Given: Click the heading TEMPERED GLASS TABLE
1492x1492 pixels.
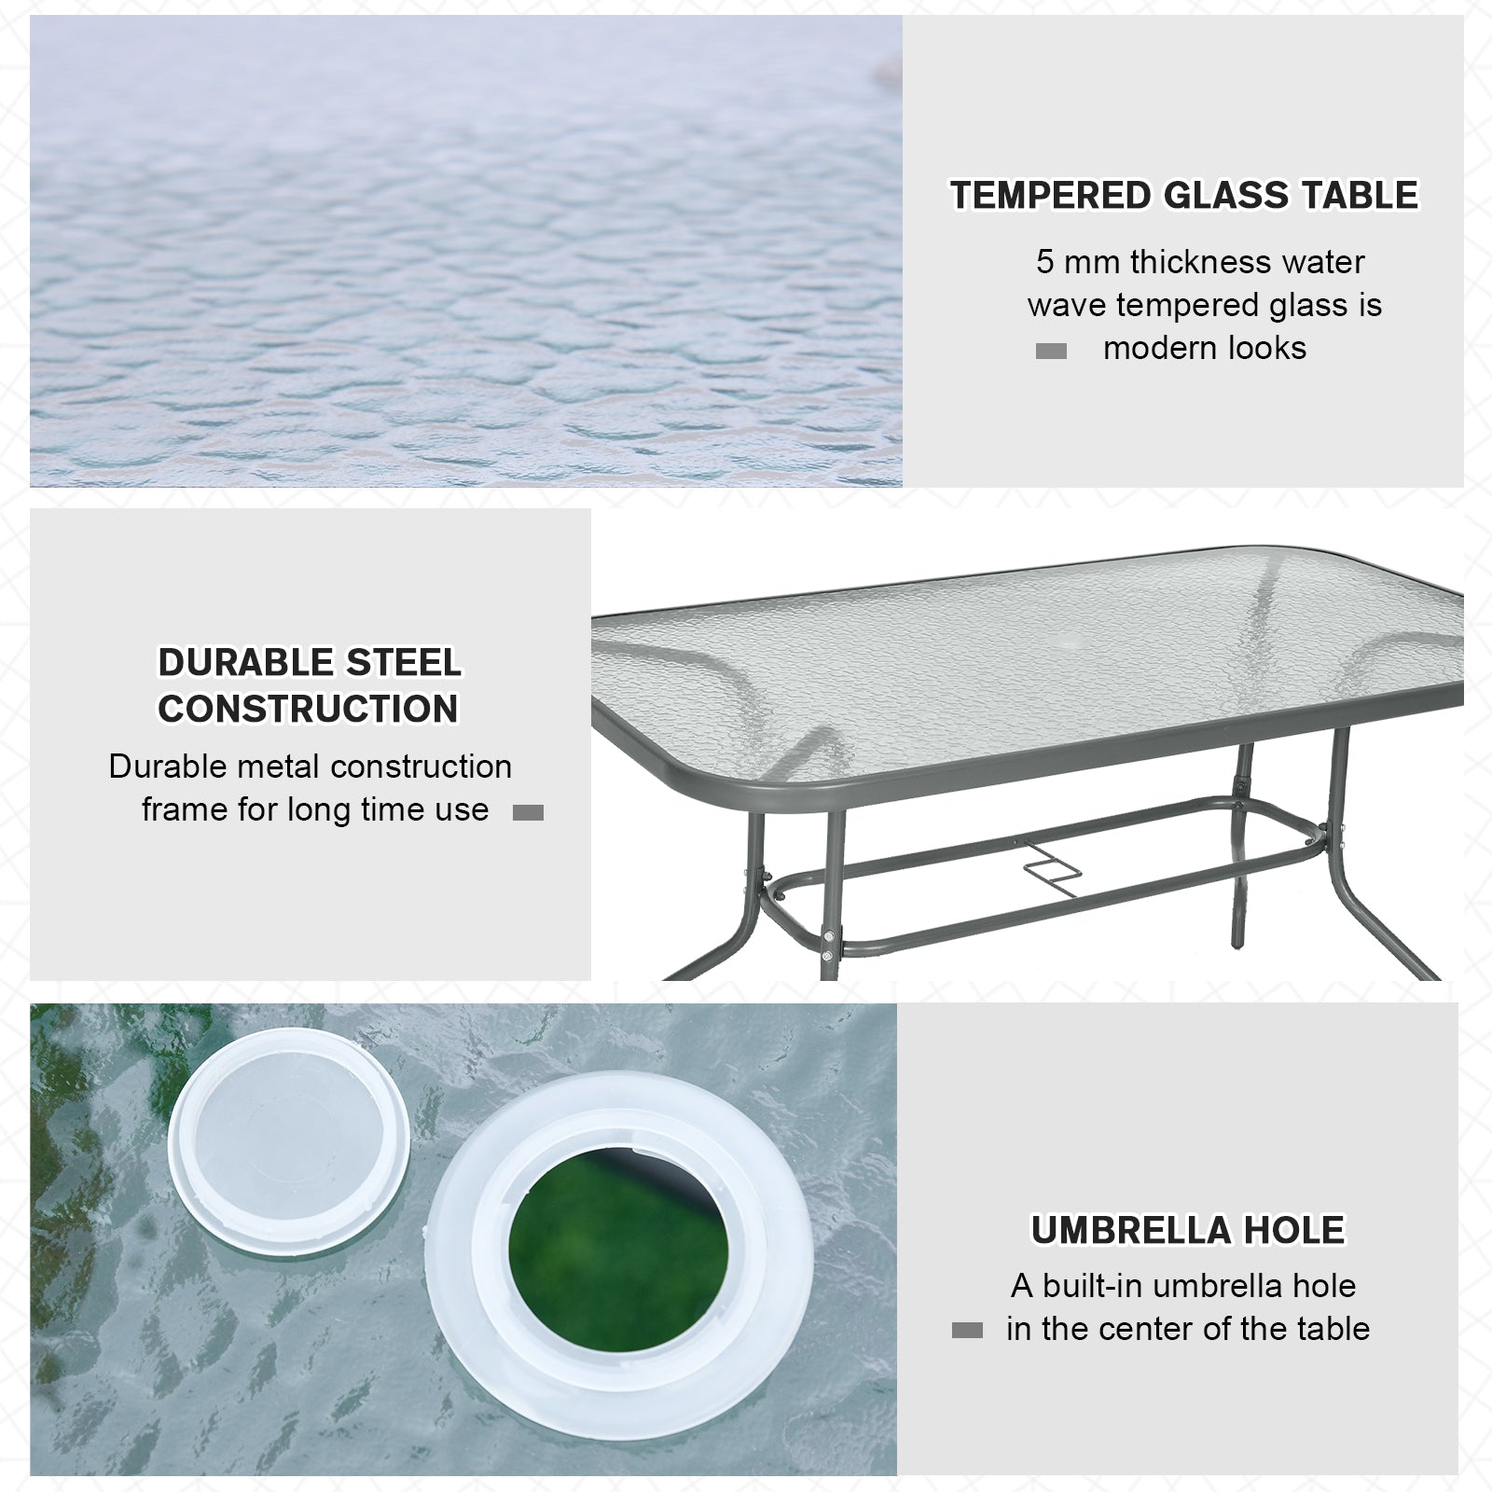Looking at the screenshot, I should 1183,196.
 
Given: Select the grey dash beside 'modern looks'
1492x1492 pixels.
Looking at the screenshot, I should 1051,352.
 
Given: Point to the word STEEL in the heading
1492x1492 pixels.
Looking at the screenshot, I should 404,663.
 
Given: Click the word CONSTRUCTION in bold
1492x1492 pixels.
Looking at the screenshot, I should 308,709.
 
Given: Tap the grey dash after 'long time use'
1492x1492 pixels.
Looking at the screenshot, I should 528,812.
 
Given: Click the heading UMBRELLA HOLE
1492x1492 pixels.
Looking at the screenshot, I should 1187,1231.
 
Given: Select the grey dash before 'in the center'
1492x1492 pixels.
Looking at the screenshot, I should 967,1331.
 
